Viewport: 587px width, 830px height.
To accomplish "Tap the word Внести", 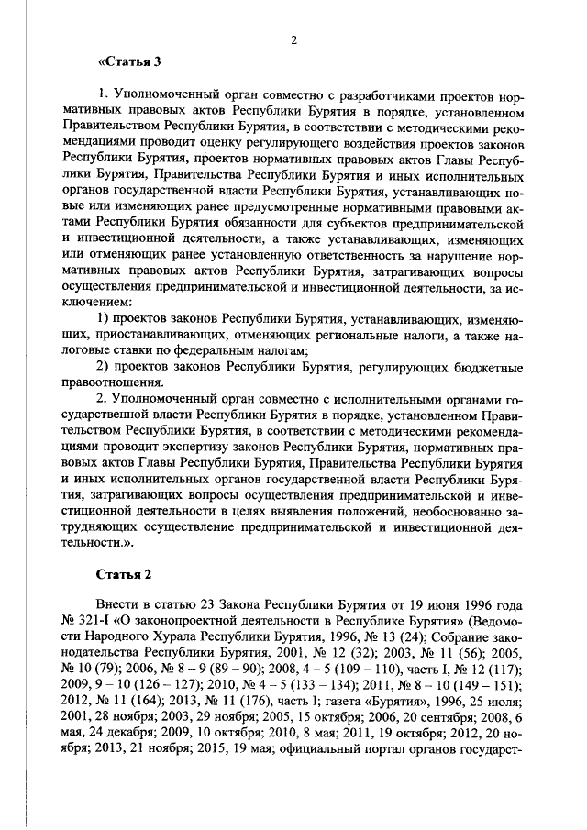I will [x=119, y=607].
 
